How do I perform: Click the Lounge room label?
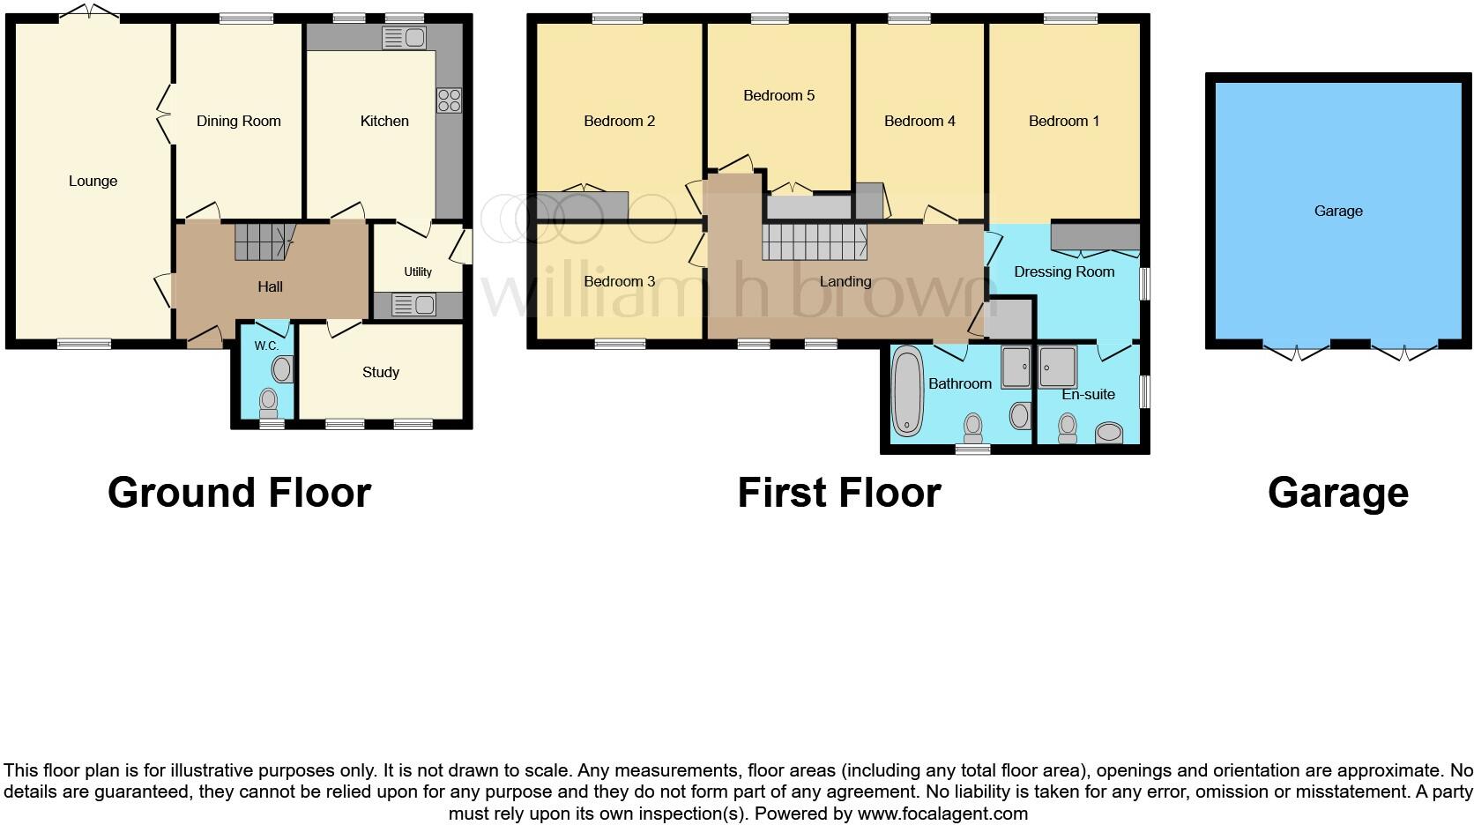click(93, 181)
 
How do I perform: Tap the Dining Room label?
click(238, 121)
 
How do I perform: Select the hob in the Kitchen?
click(449, 100)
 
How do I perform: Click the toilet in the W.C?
click(269, 403)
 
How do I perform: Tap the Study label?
click(380, 372)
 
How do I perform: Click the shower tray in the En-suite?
click(1057, 366)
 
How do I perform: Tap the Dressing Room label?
click(1064, 271)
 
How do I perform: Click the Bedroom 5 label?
click(778, 95)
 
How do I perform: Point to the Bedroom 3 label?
click(619, 281)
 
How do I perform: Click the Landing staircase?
click(814, 242)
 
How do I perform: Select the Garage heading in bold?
click(1337, 493)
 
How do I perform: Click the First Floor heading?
click(838, 493)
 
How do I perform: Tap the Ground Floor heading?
click(239, 493)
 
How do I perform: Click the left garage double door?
click(1296, 352)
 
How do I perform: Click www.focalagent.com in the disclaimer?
click(942, 813)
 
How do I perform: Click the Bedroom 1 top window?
click(1070, 19)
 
